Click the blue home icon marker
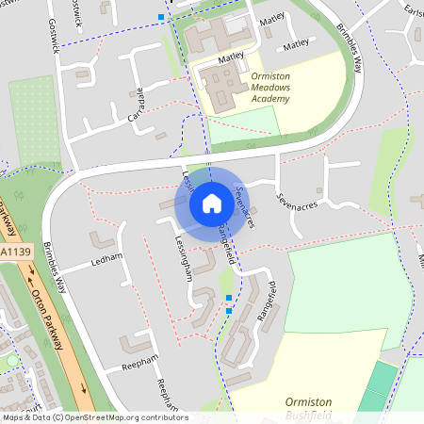pos(211,204)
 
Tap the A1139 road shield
pos(13,253)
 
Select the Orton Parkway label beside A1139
pos(48,318)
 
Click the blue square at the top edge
pos(161,17)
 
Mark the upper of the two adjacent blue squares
pos(228,298)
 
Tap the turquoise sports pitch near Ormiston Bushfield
pos(379,385)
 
